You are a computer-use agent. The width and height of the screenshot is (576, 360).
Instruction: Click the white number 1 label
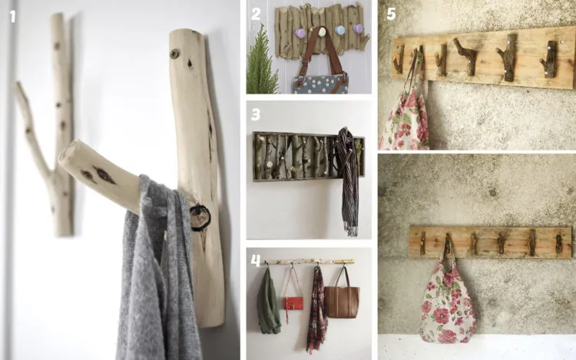click(12, 16)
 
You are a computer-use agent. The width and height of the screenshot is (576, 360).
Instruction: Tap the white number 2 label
click(256, 14)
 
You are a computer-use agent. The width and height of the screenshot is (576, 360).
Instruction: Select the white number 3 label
click(256, 114)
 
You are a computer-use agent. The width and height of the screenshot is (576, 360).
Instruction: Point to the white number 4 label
click(256, 260)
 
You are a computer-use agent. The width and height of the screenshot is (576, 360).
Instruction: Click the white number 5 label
click(391, 14)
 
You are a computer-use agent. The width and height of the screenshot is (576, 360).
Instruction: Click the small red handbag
click(293, 303)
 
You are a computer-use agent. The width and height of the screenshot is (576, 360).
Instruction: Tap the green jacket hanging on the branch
click(268, 302)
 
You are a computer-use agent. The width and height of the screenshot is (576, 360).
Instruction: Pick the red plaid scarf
click(316, 310)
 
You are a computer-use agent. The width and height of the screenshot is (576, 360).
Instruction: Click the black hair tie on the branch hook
click(200, 218)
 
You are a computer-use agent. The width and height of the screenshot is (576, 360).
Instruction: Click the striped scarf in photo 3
click(347, 180)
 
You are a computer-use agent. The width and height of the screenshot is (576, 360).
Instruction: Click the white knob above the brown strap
click(322, 31)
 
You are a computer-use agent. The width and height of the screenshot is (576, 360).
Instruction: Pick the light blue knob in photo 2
click(339, 30)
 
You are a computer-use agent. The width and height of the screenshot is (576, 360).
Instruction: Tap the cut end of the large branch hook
click(68, 154)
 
